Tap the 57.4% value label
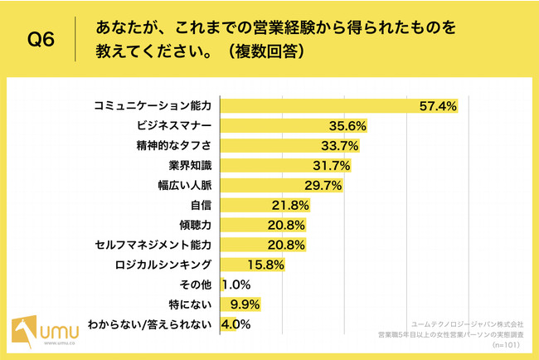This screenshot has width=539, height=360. tap(439, 107)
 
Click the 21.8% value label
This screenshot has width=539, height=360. tap(290, 205)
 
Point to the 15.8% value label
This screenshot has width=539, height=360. tap(265, 265)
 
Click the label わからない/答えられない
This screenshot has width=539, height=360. tap(155, 324)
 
